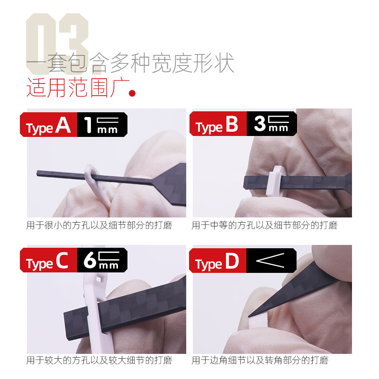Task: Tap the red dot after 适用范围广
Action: pos(133,92)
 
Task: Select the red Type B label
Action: pos(217,125)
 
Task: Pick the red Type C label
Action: pos(47,261)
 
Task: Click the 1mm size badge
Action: pos(101,125)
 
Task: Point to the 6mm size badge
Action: pos(101,260)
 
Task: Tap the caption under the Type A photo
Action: pos(99,226)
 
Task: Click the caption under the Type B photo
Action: pos(264,226)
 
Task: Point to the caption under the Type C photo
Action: pos(99,361)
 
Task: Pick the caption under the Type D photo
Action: pos(260,361)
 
